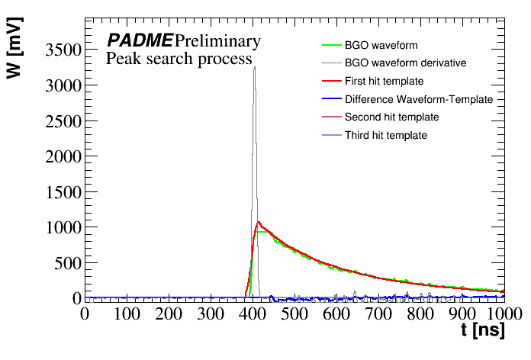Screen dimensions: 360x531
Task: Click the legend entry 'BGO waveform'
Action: click(x=381, y=46)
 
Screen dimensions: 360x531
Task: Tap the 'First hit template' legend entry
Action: click(x=384, y=81)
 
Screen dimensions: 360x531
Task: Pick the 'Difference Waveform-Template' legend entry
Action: click(x=418, y=99)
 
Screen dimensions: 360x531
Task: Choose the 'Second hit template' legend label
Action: click(x=391, y=117)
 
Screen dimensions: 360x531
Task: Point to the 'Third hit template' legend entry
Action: click(x=385, y=135)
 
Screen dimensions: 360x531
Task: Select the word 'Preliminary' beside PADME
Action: click(x=217, y=40)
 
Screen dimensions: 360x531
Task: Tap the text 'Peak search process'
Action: click(x=179, y=59)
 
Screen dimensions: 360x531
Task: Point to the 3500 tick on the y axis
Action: click(x=60, y=51)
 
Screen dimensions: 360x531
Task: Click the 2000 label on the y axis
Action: click(x=60, y=157)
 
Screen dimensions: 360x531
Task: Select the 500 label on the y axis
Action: click(x=67, y=263)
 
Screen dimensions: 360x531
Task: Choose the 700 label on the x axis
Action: click(x=378, y=313)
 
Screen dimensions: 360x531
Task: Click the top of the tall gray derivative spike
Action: click(x=254, y=67)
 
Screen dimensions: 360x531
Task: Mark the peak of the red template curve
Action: click(x=259, y=223)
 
